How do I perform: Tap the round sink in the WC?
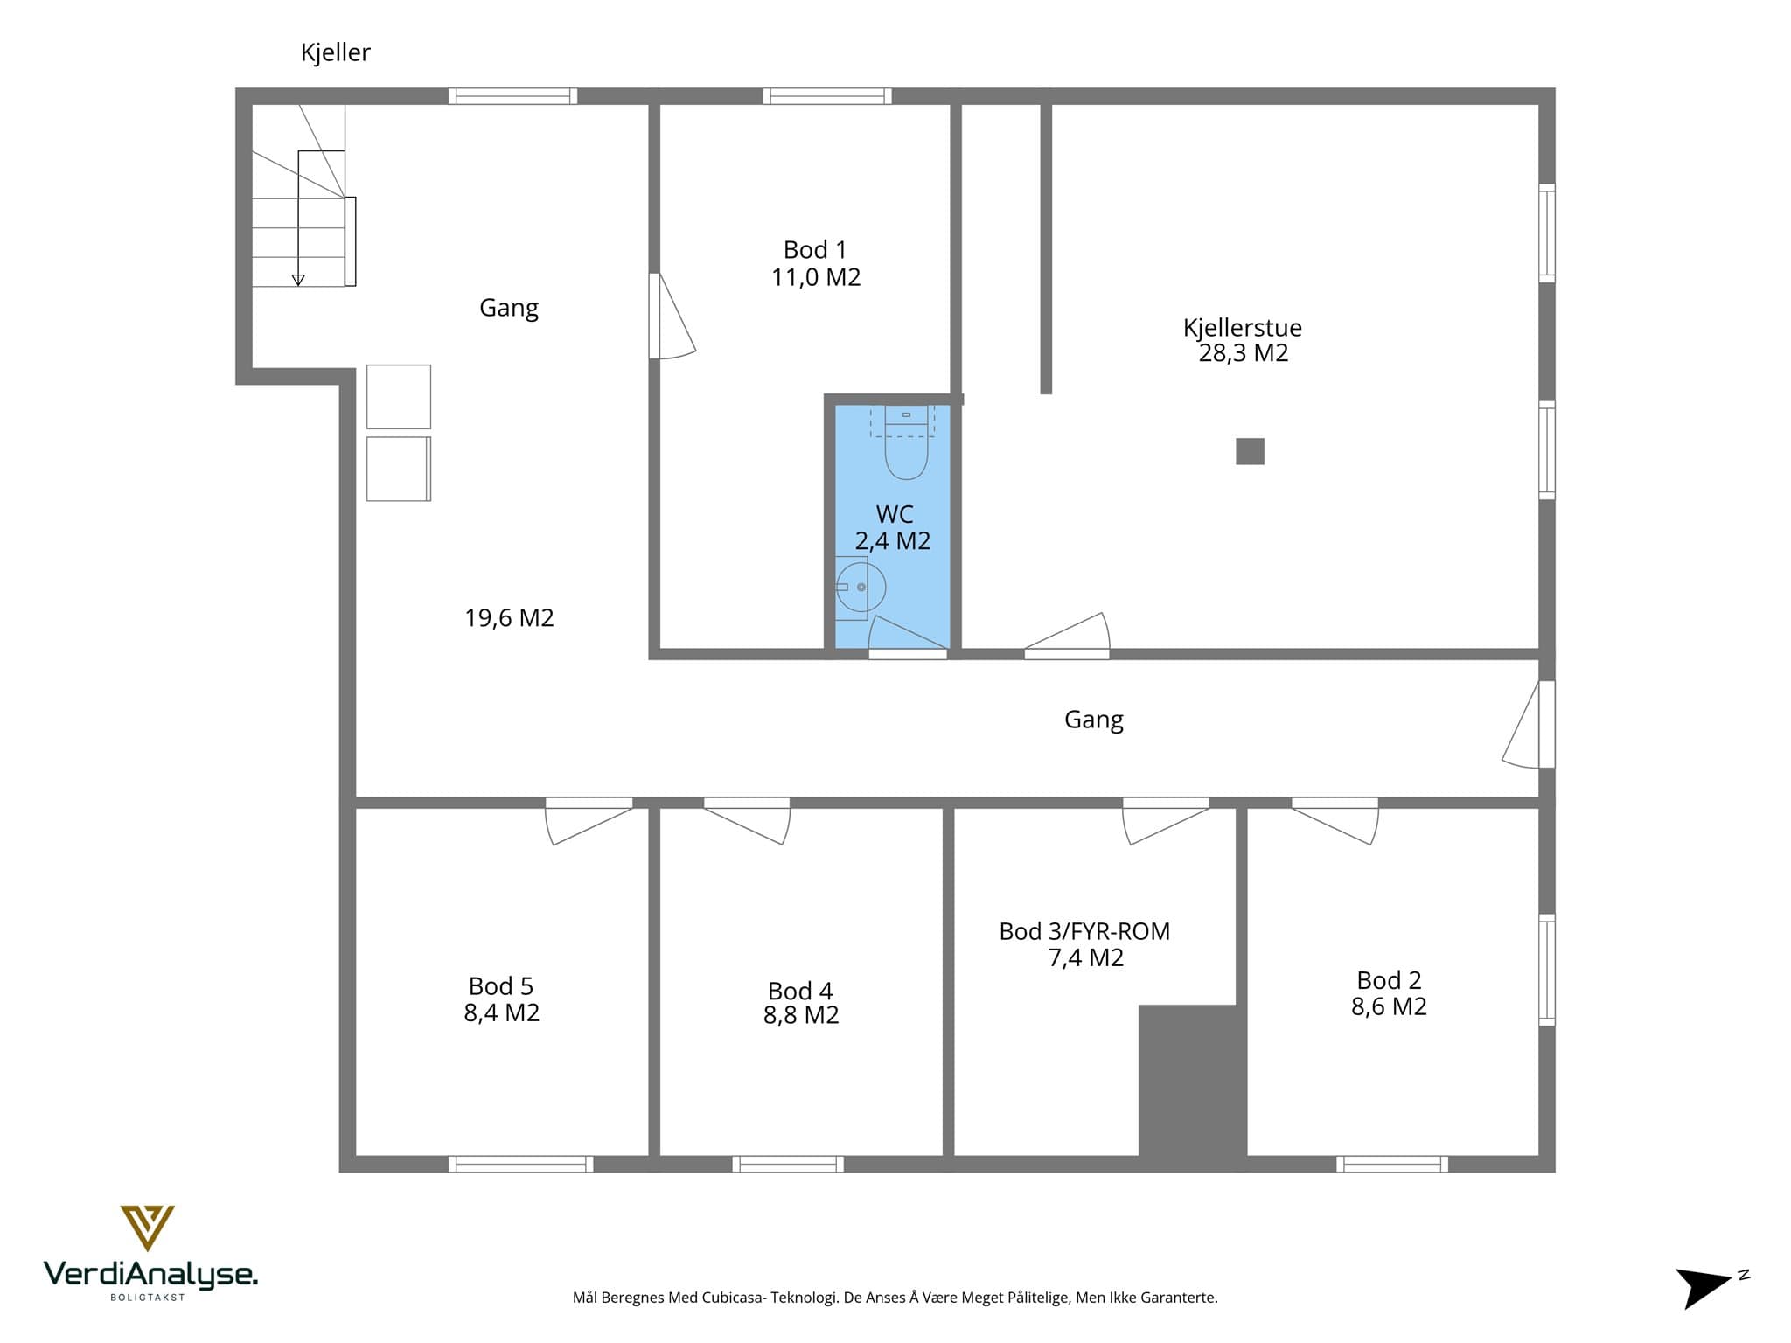point(861,588)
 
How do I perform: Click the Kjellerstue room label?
point(1243,327)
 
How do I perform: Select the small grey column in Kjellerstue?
point(1250,451)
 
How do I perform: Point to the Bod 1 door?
point(671,317)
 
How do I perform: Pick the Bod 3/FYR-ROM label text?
point(1084,931)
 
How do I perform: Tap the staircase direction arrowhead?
point(298,280)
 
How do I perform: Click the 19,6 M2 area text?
point(509,618)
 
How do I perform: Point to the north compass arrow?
point(1703,1287)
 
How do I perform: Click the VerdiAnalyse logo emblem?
point(147,1228)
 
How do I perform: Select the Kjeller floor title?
point(336,52)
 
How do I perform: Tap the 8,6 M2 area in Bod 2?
point(1389,1006)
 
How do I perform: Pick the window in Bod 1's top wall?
point(827,96)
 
